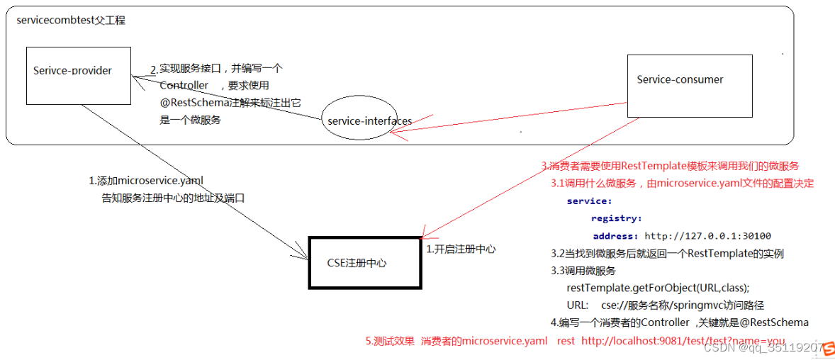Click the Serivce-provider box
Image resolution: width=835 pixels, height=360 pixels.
pyautogui.click(x=78, y=74)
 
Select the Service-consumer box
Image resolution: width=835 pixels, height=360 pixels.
pyautogui.click(x=689, y=86)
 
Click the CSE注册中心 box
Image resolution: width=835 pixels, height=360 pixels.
pyautogui.click(x=364, y=263)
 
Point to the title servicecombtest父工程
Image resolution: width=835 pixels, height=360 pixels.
pyautogui.click(x=71, y=21)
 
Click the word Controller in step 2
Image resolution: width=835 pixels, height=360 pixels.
pyautogui.click(x=184, y=85)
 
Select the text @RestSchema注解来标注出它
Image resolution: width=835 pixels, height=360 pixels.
pyautogui.click(x=230, y=103)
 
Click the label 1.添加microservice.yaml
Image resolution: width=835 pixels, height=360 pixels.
pyautogui.click(x=146, y=181)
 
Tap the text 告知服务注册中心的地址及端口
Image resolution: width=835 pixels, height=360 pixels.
pyautogui.click(x=174, y=198)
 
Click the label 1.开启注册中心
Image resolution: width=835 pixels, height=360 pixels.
pyautogui.click(x=461, y=249)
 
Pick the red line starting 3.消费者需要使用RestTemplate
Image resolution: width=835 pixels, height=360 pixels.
pyautogui.click(x=671, y=166)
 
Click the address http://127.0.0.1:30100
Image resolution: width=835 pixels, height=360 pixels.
pyautogui.click(x=707, y=236)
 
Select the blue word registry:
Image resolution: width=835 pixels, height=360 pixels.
pyautogui.click(x=617, y=218)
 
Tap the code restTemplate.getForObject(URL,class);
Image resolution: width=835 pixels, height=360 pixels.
pyautogui.click(x=658, y=288)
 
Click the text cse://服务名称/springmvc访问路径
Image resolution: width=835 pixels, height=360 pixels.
pyautogui.click(x=682, y=305)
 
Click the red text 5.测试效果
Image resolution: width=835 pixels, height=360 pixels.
pyautogui.click(x=390, y=342)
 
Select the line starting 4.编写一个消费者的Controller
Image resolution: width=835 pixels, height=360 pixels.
pyautogui.click(x=679, y=323)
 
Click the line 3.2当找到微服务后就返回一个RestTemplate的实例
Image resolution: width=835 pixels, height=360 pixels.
pyautogui.click(x=667, y=254)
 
